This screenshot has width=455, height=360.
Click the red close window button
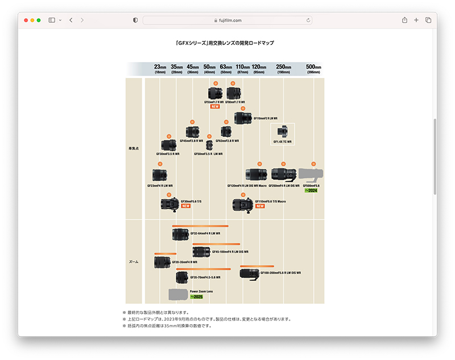tap(26, 20)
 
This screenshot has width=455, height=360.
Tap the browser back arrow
tap(71, 20)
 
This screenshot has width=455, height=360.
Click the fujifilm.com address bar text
tap(230, 20)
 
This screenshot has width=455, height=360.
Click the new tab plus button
tap(416, 20)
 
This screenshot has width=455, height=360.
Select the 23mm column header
tap(160, 68)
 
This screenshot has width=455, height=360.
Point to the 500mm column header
tap(313, 68)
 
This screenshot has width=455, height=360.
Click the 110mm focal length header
tap(243, 68)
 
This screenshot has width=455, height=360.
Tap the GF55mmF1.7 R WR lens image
tap(215, 93)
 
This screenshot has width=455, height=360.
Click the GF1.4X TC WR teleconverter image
tap(282, 133)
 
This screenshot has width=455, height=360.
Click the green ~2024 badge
tap(311, 191)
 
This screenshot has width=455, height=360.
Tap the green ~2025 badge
tap(197, 297)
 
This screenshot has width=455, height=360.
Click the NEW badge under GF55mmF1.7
tap(214, 106)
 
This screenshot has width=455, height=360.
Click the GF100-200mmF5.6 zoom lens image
tap(249, 273)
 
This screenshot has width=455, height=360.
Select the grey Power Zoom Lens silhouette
tap(177, 294)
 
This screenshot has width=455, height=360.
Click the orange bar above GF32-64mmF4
tap(200, 226)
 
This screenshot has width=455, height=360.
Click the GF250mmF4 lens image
tap(283, 174)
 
